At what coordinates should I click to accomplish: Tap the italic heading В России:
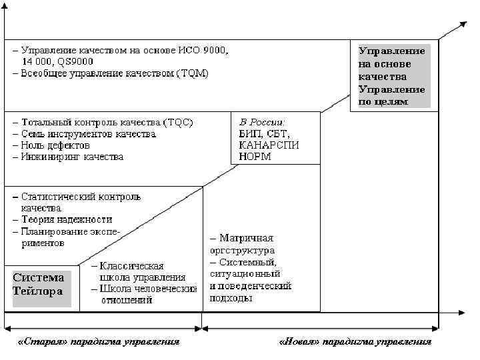(261, 122)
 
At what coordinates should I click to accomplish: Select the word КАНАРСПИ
(268, 145)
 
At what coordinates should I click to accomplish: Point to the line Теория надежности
(67, 219)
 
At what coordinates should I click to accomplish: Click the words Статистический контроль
(81, 197)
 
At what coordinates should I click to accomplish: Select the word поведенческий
(257, 286)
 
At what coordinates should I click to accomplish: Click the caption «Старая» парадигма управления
(99, 343)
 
